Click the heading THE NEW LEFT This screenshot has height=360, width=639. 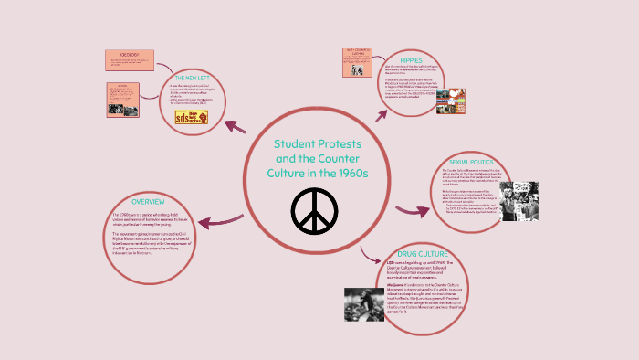click(x=201, y=79)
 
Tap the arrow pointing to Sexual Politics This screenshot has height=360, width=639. click(x=413, y=211)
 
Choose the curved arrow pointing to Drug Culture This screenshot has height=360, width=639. click(x=369, y=256)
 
